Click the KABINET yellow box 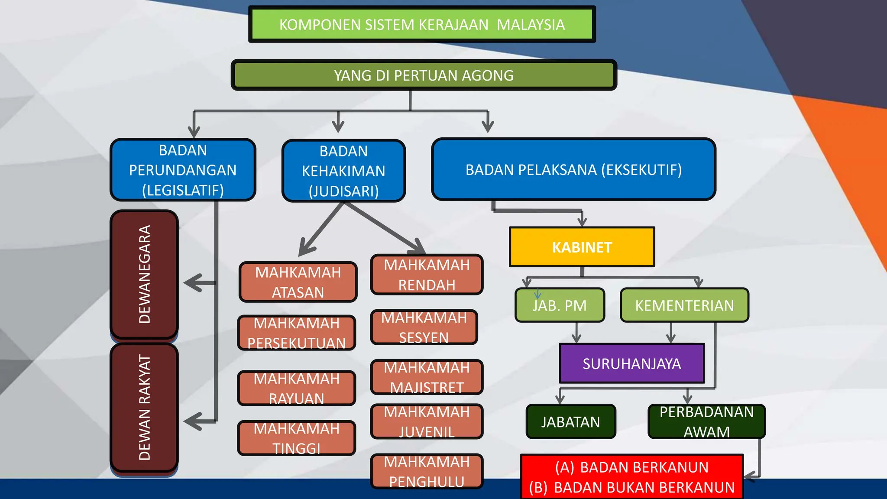(582, 247)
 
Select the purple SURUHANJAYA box (631, 363)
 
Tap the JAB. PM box (560, 305)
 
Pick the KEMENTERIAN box (684, 305)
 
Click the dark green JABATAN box (570, 421)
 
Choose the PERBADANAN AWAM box (706, 421)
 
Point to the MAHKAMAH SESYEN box (424, 327)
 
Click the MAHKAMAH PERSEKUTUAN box (297, 333)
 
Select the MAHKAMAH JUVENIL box (427, 421)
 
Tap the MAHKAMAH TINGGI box (297, 438)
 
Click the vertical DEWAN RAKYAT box (144, 407)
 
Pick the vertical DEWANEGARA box (144, 274)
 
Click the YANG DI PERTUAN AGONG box (424, 75)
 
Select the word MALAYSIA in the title (531, 25)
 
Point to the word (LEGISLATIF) (183, 190)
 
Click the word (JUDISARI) (343, 191)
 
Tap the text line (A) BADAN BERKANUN (632, 467)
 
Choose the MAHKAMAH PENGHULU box (427, 472)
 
